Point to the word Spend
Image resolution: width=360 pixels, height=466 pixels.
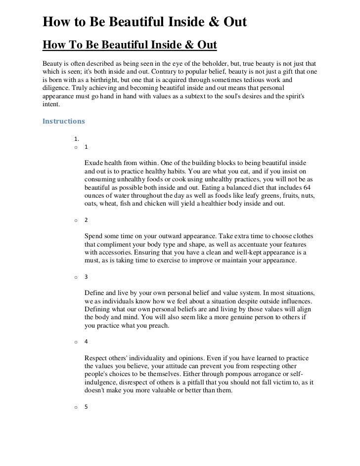pyautogui.click(x=95, y=236)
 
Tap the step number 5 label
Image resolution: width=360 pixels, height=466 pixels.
pyautogui.click(x=86, y=407)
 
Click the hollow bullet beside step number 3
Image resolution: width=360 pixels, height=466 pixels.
pyautogui.click(x=75, y=277)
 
